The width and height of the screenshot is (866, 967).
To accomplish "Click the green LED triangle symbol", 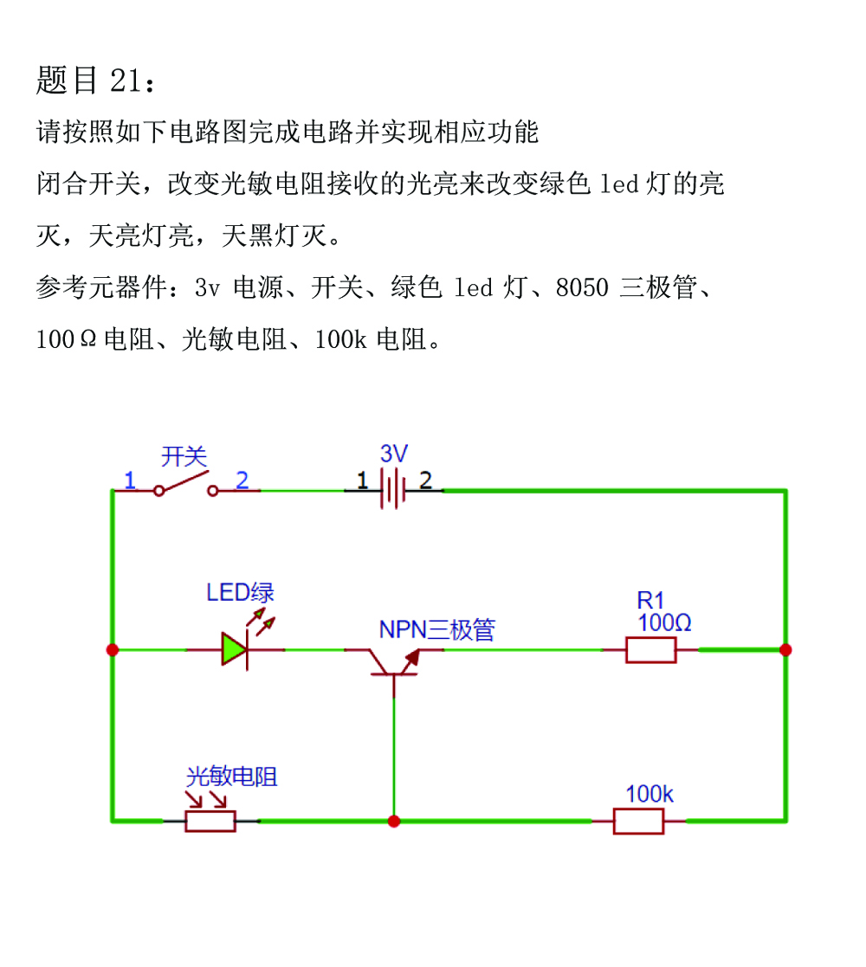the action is coord(235,649).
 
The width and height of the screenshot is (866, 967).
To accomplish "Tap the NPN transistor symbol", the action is coord(394,664).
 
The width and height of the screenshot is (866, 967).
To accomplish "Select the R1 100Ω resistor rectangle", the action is coord(650,650).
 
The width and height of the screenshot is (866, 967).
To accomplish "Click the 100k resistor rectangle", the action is coord(638,822).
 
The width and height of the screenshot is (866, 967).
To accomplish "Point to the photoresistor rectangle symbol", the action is coord(210,822).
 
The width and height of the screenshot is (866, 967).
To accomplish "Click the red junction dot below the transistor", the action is coord(394,822).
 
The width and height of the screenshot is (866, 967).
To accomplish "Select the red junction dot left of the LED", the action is coord(113,650).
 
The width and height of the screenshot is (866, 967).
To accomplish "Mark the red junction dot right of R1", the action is coord(785,650).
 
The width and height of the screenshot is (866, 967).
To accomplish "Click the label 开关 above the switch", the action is coord(184,456).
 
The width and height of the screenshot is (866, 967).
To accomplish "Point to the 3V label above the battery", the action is coord(393,454).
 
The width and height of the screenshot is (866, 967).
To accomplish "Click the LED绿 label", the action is coord(240,593).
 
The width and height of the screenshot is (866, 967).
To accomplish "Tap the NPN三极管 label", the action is coord(436,629).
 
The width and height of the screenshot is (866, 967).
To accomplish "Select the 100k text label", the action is coord(649,794).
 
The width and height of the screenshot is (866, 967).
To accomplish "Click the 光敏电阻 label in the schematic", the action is coord(232,777).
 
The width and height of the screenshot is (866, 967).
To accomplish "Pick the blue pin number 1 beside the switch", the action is coord(130,480).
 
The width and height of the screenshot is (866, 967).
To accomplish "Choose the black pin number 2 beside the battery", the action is coord(425,480).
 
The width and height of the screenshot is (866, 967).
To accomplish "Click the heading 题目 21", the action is coord(95,81).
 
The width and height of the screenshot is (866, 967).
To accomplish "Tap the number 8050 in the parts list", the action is coord(582,287).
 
